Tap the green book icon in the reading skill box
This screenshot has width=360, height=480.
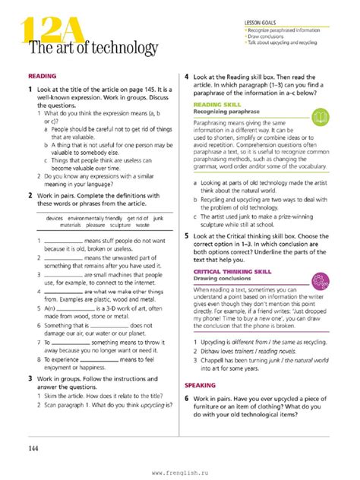(x=321, y=116)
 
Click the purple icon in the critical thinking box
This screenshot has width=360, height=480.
(x=321, y=277)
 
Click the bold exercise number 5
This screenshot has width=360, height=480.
(x=187, y=236)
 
